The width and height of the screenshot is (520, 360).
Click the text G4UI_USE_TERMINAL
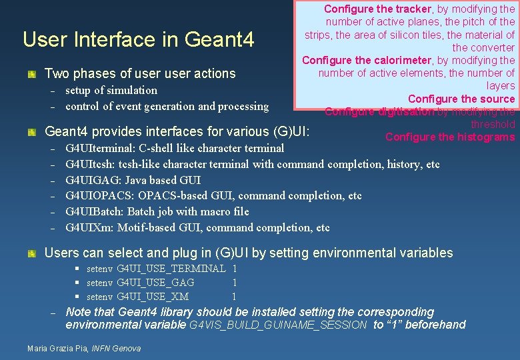171,269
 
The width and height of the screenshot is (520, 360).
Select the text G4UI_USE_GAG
155,283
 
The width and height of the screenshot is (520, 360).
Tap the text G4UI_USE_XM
153,297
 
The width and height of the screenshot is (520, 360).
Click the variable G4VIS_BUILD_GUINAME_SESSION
278,325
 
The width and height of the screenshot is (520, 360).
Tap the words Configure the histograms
450,137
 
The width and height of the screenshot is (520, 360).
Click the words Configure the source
461,99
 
